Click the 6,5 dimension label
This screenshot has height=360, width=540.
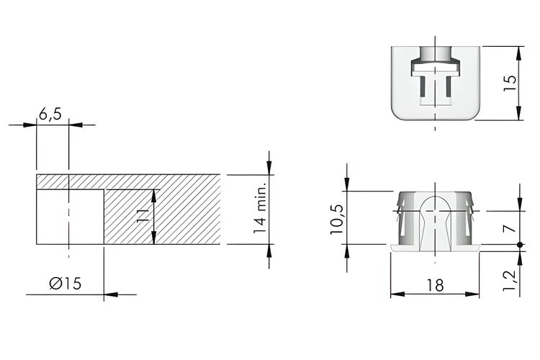coord(50,114)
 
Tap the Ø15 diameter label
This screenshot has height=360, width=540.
coord(66,284)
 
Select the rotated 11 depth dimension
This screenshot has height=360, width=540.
coord(143,216)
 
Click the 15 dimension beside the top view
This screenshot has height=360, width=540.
coord(510,83)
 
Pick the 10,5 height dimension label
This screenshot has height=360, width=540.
coord(337,220)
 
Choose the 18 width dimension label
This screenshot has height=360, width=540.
coord(436,285)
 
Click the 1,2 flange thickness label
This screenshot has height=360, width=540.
coord(510,280)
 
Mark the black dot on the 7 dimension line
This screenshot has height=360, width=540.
coord(520,245)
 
